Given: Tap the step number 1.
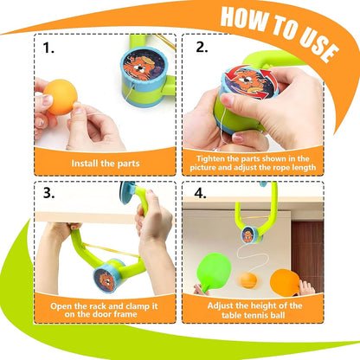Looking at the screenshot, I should pyautogui.click(x=51, y=48).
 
